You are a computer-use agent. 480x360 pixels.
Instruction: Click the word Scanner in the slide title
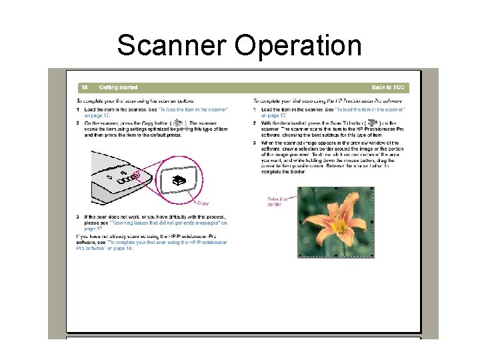(x=172, y=46)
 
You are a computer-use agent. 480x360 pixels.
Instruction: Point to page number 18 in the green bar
(x=85, y=87)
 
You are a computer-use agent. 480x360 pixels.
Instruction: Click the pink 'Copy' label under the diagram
(x=203, y=203)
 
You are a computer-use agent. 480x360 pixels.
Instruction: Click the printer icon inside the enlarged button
(x=179, y=181)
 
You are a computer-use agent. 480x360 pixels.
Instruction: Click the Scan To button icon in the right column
(x=372, y=123)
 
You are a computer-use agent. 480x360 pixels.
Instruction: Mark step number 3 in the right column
(x=255, y=143)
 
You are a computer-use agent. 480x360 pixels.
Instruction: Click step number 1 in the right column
(x=255, y=109)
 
